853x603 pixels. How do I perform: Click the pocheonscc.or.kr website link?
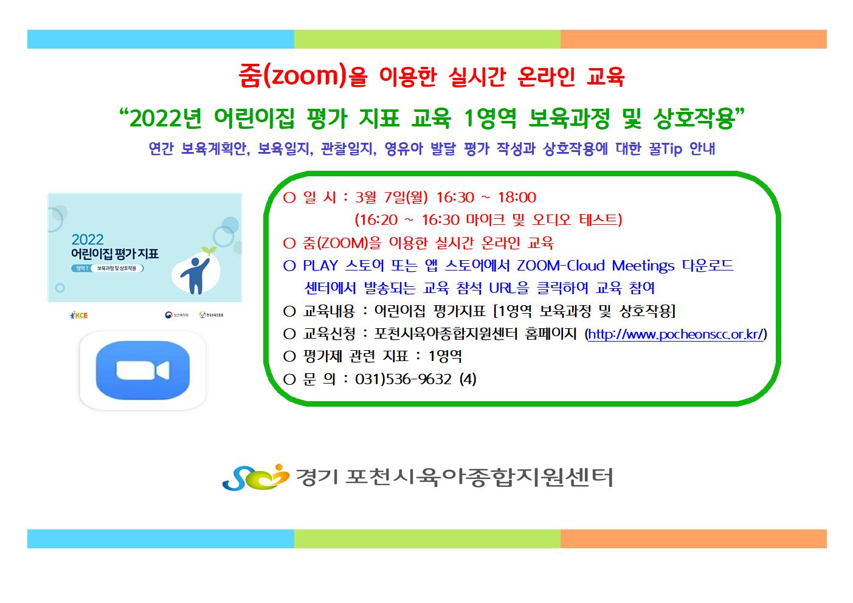point(675,334)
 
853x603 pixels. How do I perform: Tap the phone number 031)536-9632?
point(403,379)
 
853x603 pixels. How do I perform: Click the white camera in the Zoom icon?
point(142,370)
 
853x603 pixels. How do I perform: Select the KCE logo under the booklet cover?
point(79,315)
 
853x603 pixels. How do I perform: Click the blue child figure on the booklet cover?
point(195,275)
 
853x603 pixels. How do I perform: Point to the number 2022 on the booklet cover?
point(88,239)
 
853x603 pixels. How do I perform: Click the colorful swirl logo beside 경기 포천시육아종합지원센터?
point(255,477)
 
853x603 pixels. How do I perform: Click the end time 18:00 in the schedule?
point(517,198)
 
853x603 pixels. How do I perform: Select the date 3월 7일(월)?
point(392,198)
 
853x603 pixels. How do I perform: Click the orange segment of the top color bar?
point(694,40)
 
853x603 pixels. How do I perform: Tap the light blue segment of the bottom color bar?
point(161,539)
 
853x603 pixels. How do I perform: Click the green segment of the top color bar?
point(427,40)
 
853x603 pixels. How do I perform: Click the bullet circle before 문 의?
point(289,379)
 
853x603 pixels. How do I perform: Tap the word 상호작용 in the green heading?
point(694,119)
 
